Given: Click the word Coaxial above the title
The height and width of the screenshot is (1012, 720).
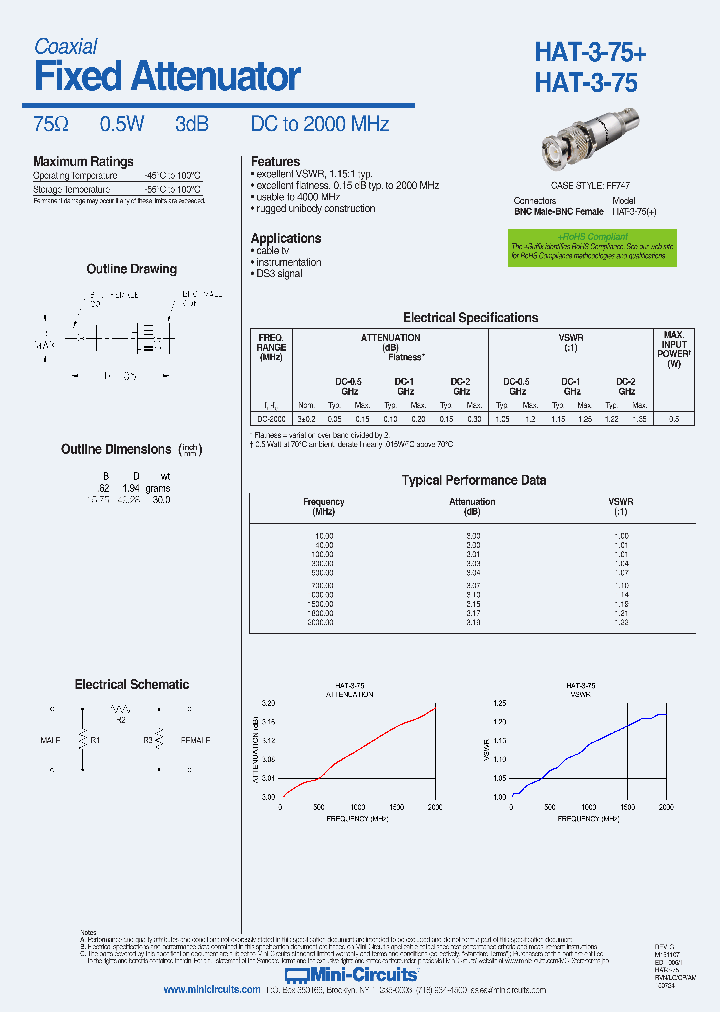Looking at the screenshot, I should click(66, 46).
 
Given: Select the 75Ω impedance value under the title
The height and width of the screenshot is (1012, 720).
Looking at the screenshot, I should click(51, 124).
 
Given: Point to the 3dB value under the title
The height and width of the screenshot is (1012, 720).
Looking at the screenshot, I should click(191, 124).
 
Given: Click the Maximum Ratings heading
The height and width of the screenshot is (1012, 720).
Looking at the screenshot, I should click(83, 161).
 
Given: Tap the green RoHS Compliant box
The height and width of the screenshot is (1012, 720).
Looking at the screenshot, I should click(592, 247).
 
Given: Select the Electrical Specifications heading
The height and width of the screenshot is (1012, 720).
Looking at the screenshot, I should click(470, 317).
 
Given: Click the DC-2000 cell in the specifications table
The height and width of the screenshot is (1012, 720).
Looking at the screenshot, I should click(272, 419).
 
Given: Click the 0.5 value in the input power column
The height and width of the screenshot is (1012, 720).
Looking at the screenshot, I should click(674, 419).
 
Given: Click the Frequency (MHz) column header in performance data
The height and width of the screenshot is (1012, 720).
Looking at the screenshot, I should click(323, 506).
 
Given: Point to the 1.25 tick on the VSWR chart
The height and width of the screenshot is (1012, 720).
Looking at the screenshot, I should click(500, 704).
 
